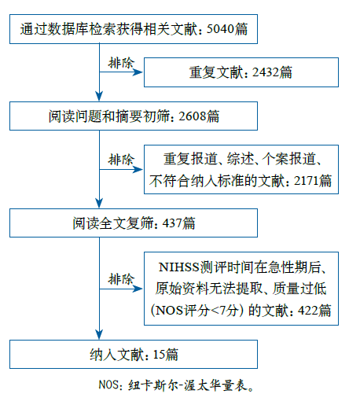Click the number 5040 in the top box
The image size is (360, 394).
click(220, 29)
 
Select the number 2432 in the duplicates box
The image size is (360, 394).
click(266, 72)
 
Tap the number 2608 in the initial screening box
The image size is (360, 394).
click(193, 116)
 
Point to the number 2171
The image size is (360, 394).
click(307, 181)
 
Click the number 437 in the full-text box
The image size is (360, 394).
click(172, 223)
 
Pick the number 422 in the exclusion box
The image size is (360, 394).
click(308, 311)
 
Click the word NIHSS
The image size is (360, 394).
click(179, 267)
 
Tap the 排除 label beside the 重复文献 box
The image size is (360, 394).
click(121, 63)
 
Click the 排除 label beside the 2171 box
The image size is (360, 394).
click(121, 160)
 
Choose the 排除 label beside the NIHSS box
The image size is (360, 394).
click(121, 278)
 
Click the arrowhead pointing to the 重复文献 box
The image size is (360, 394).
click(138, 72)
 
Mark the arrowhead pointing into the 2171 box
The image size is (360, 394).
click(138, 170)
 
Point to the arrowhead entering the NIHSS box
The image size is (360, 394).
click(138, 289)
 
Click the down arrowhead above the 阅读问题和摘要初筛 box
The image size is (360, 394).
click(99, 96)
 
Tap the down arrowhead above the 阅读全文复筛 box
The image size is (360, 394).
click(99, 203)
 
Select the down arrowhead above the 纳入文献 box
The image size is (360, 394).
click(99, 334)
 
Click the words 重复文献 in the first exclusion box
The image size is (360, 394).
click(216, 72)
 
